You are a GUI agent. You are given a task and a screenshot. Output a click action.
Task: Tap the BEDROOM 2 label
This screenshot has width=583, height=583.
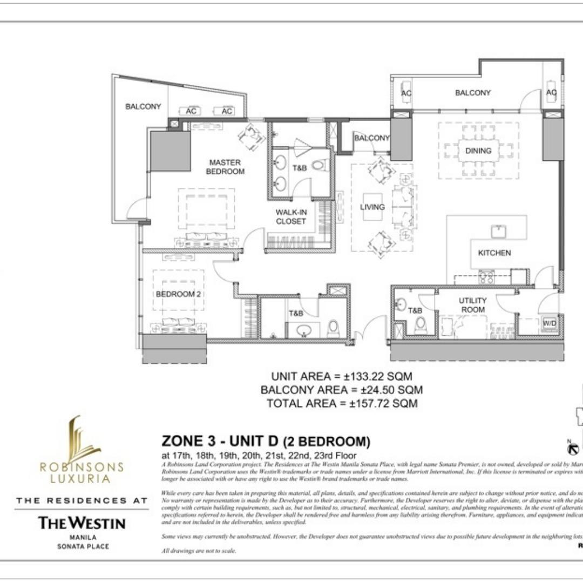(178, 294)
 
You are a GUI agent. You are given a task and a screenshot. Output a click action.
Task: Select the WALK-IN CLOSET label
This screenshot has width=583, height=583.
(291, 216)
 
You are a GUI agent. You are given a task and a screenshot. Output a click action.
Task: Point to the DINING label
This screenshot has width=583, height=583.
(478, 151)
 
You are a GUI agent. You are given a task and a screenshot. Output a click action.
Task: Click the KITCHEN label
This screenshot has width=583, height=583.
(494, 253)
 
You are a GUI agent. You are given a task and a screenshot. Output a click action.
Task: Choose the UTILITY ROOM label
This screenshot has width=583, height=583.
(472, 305)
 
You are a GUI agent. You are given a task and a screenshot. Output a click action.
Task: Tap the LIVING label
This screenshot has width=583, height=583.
(372, 207)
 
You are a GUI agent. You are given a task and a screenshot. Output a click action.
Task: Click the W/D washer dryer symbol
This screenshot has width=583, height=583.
(550, 323)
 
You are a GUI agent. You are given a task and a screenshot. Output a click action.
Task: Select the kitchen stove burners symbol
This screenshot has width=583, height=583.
(486, 277)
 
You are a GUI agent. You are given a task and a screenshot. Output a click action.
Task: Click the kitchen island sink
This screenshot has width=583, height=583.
(498, 231)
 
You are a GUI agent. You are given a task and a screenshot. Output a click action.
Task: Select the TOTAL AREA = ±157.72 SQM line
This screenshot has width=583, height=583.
(342, 403)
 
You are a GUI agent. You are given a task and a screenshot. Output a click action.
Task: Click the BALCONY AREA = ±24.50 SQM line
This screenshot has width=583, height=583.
(342, 390)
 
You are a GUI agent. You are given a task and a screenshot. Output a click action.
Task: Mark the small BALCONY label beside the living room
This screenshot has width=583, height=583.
(371, 138)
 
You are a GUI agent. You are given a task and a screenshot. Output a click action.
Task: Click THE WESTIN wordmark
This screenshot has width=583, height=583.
(82, 523)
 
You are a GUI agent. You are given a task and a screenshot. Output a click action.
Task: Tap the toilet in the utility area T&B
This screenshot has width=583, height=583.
(421, 326)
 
